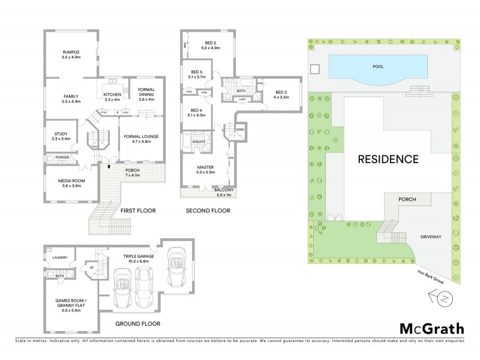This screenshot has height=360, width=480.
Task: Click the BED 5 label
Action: pyautogui.click(x=197, y=74)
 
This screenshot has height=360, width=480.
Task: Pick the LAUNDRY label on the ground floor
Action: pyautogui.click(x=60, y=258)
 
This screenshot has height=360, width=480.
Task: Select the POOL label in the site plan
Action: pyautogui.click(x=378, y=67)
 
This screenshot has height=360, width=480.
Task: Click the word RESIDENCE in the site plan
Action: pyautogui.click(x=388, y=160)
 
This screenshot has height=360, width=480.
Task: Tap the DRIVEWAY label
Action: pyautogui.click(x=430, y=237)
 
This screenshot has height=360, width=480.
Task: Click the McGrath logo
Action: pyautogui.click(x=431, y=328)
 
